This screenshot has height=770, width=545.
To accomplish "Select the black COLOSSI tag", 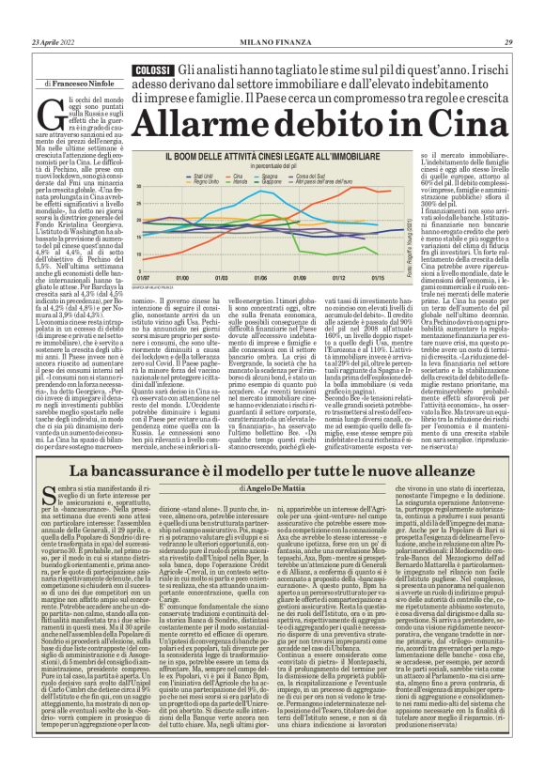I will [x=152, y=71].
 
